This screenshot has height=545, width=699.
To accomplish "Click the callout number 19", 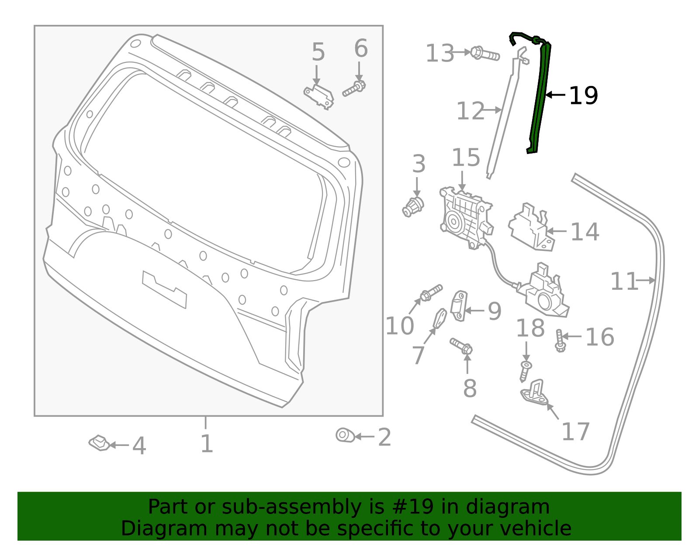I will click(583, 96).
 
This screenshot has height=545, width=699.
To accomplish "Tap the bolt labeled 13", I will click(485, 55).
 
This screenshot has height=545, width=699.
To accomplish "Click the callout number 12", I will click(470, 111).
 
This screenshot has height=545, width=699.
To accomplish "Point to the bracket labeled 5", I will click(319, 96).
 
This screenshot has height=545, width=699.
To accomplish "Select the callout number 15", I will click(466, 158).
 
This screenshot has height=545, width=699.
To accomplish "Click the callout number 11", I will click(624, 281).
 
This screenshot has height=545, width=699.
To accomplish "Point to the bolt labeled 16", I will click(560, 341).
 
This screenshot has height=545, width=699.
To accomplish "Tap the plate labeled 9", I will click(459, 306).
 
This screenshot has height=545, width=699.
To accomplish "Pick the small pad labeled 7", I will click(439, 319).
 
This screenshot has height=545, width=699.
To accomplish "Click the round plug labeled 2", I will click(345, 435).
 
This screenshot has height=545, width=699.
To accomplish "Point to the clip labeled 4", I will click(100, 443).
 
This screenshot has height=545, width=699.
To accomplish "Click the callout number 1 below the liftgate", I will click(206, 444).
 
